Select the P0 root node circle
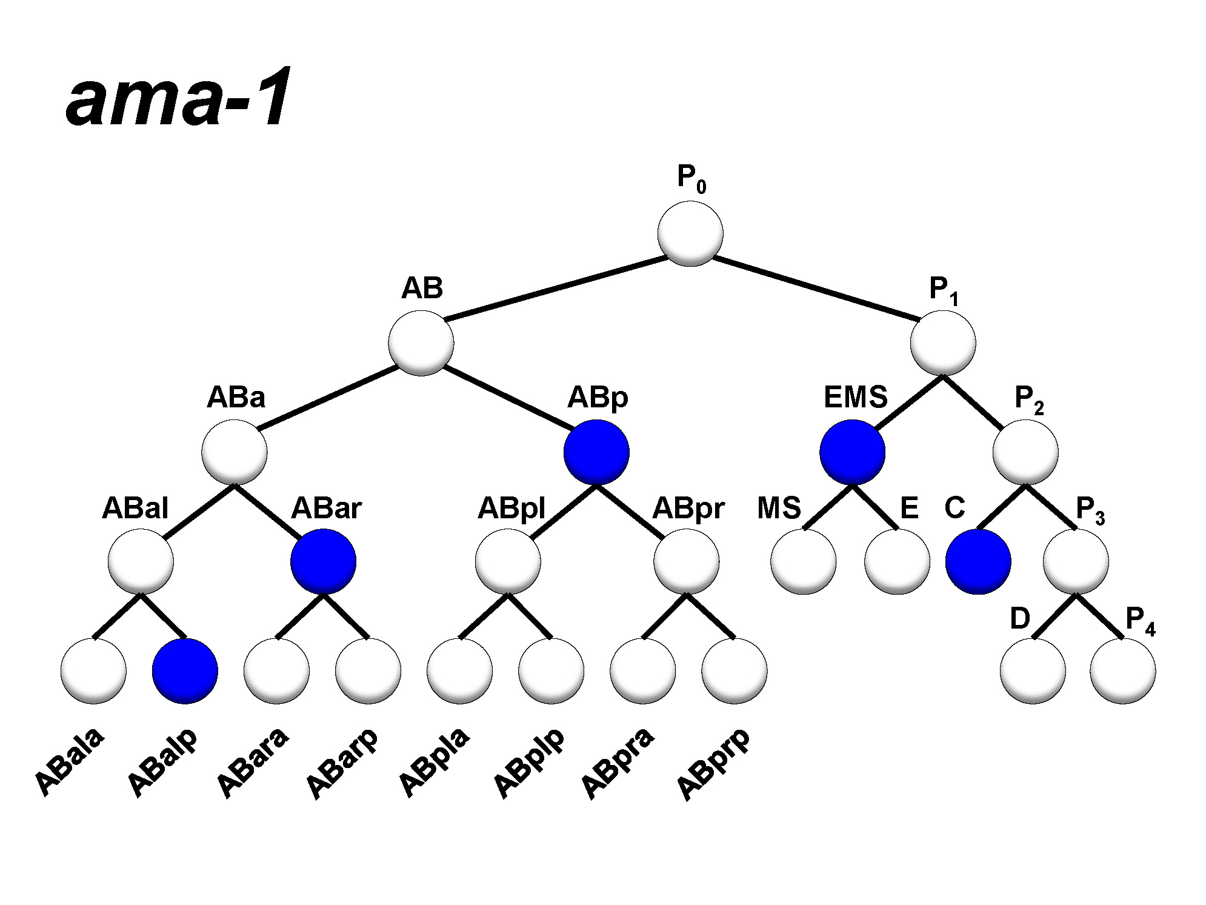[x=690, y=234]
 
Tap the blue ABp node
[x=596, y=452]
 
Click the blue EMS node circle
[x=852, y=452]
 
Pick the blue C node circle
[x=978, y=561]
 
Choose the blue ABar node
[x=323, y=561]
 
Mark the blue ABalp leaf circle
[x=185, y=671]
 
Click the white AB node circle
[x=421, y=343]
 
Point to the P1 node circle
[x=943, y=343]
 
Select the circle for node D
[x=1033, y=671]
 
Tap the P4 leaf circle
[x=1122, y=671]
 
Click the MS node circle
[x=803, y=561]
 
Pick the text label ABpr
[x=688, y=508]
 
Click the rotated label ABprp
[x=713, y=764]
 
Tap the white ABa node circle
[x=234, y=452]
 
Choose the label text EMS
[x=855, y=398]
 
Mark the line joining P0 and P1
[x=815, y=289]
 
